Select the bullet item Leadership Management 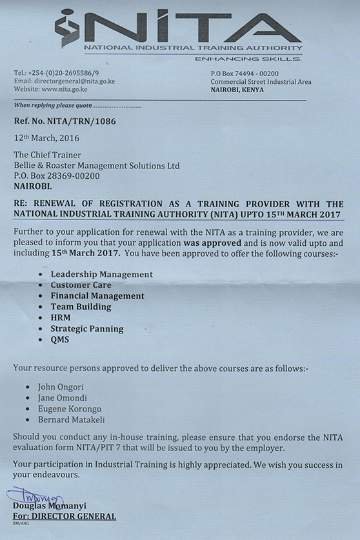coord(101,274)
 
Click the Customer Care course coord(81,285)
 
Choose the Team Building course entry coord(81,307)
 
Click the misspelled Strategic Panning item coord(86,329)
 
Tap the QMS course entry coord(59,340)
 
